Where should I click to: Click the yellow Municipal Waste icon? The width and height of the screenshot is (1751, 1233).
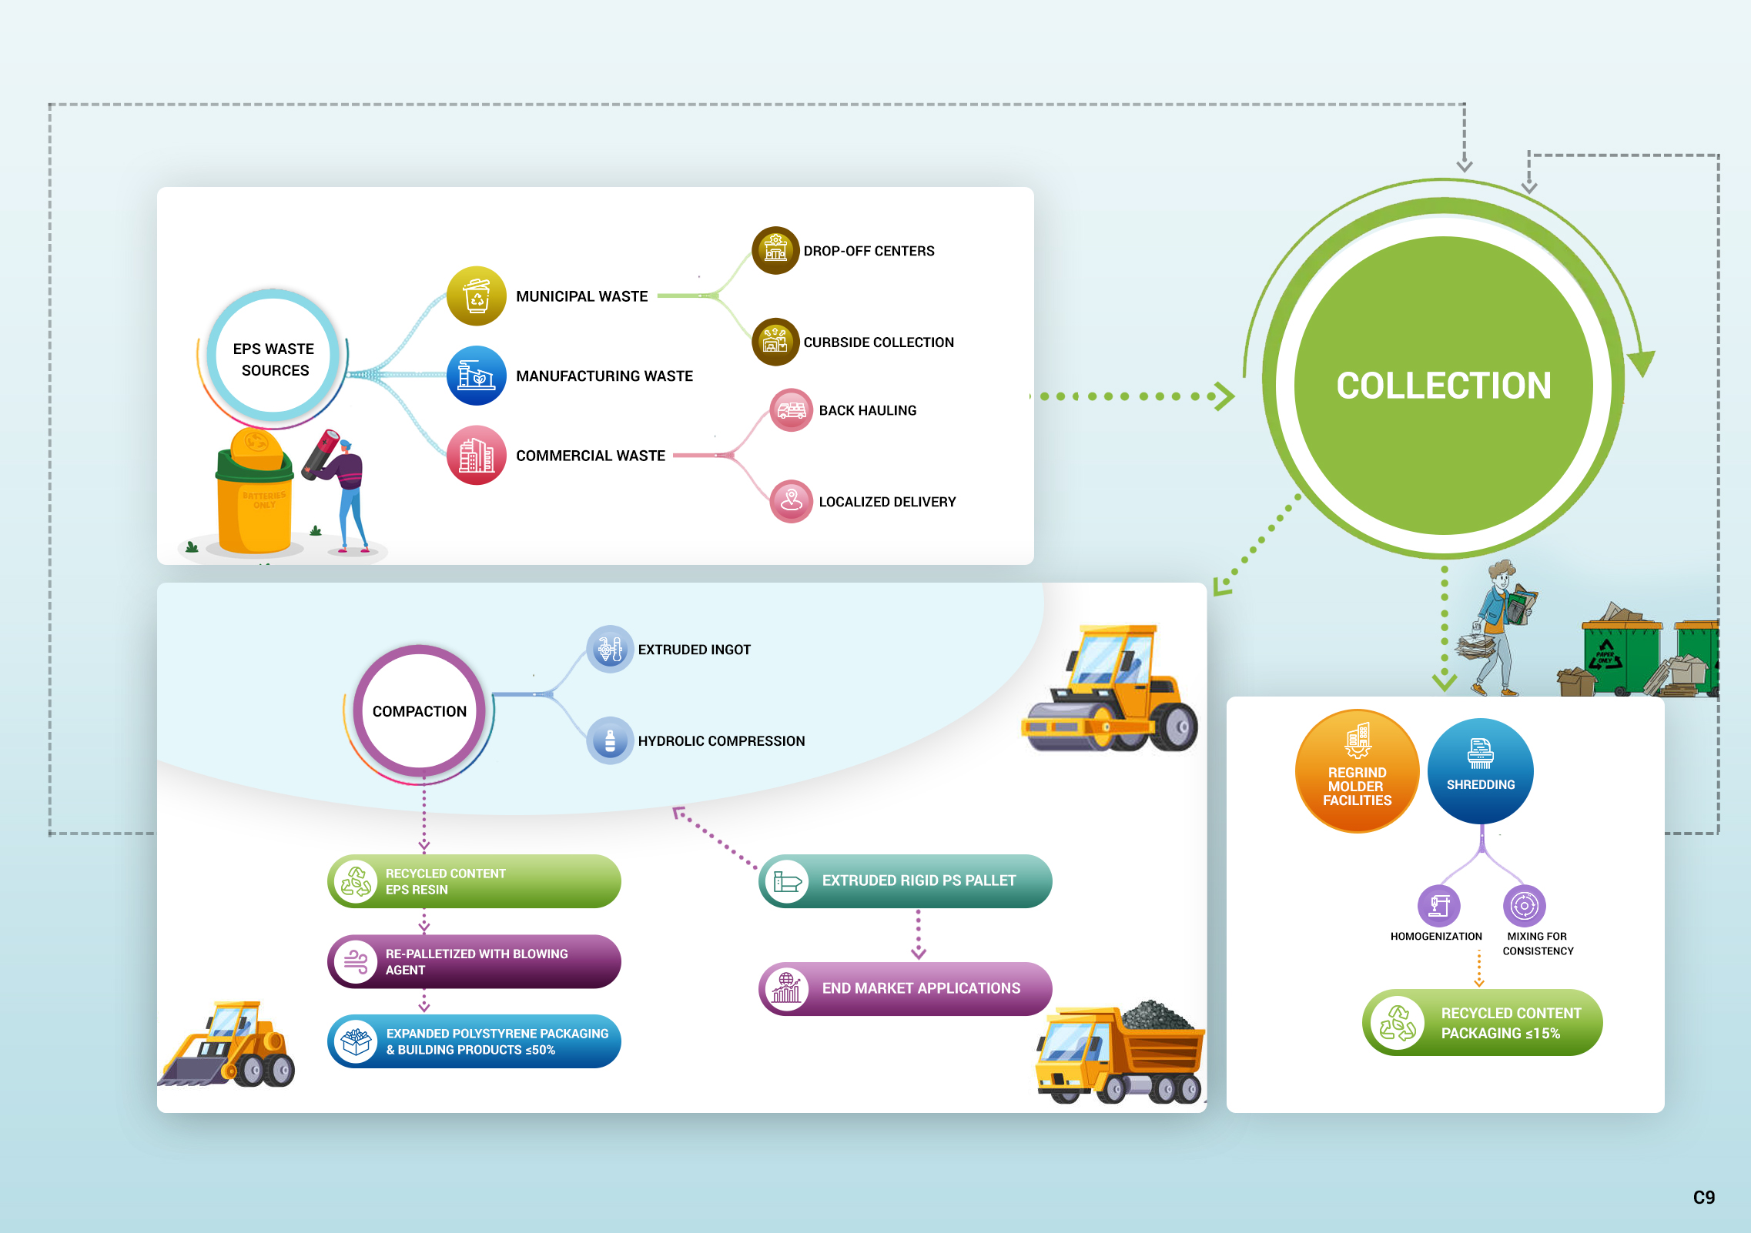pyautogui.click(x=477, y=296)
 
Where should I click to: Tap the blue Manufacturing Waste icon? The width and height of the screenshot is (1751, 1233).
pyautogui.click(x=477, y=376)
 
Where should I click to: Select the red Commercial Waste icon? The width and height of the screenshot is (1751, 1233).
pyautogui.click(x=477, y=455)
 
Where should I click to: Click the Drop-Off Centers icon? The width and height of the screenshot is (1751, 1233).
pyautogui.click(x=775, y=250)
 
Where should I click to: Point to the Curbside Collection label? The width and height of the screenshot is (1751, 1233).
pyautogui.click(x=879, y=342)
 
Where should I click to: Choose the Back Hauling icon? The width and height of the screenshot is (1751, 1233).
pyautogui.click(x=792, y=410)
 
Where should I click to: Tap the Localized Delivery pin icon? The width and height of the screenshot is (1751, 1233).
pyautogui.click(x=792, y=501)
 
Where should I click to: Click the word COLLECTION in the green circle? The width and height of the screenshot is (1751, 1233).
pyautogui.click(x=1444, y=386)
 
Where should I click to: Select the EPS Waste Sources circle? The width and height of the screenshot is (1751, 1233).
pyautogui.click(x=273, y=359)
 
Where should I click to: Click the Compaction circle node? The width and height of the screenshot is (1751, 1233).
pyautogui.click(x=420, y=711)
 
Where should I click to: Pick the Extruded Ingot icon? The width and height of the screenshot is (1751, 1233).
pyautogui.click(x=610, y=649)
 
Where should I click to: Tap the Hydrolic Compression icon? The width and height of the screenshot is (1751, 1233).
pyautogui.click(x=610, y=740)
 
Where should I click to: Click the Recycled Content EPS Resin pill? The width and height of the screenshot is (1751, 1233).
pyautogui.click(x=474, y=881)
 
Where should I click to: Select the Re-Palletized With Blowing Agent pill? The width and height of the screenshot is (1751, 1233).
pyautogui.click(x=474, y=961)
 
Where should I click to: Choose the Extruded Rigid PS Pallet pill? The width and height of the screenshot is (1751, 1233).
pyautogui.click(x=905, y=880)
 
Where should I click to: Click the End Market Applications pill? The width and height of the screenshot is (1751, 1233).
pyautogui.click(x=905, y=988)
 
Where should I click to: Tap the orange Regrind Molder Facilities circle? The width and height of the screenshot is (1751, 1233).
pyautogui.click(x=1357, y=771)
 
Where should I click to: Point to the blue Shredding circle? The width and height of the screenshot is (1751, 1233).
pyautogui.click(x=1480, y=770)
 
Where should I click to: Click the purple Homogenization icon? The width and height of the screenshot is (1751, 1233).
pyautogui.click(x=1438, y=906)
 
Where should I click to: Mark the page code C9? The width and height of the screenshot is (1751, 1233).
pyautogui.click(x=1703, y=1198)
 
